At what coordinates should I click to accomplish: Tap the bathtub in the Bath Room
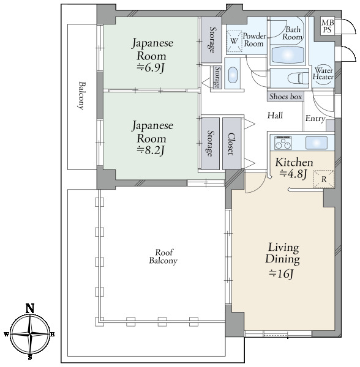(287, 55)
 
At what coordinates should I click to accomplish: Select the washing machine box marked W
(233, 41)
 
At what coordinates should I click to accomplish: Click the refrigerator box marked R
(324, 179)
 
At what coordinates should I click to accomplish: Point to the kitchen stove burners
(283, 143)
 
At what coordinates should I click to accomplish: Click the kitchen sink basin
(316, 143)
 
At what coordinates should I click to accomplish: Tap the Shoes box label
(285, 97)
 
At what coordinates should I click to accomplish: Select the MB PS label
(328, 26)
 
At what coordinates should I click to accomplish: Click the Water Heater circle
(323, 73)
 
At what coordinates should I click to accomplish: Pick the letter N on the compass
(30, 308)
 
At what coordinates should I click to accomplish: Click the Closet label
(231, 144)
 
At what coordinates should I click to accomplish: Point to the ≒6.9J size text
(151, 68)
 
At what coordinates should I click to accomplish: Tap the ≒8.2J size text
(151, 150)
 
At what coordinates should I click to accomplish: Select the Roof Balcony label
(163, 256)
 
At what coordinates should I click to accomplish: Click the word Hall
(276, 116)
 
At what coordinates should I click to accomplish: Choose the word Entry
(315, 119)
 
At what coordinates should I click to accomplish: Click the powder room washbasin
(233, 75)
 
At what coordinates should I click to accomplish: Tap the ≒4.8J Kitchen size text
(293, 174)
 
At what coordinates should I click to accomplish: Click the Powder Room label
(254, 40)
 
